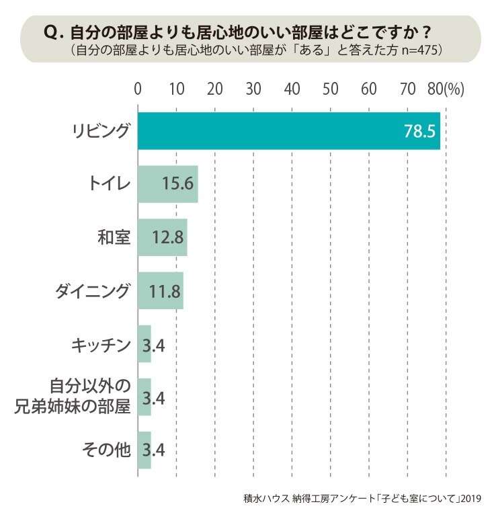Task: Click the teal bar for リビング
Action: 289,130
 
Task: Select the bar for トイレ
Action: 168,184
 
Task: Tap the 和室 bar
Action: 163,237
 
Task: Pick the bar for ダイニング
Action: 161,290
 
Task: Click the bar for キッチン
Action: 145,343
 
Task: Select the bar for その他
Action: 145,450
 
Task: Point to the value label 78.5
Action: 419,131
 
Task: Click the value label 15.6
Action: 177,184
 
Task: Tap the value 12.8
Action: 168,237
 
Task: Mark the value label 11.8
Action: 165,291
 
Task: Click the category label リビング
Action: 101,130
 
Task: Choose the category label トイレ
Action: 110,184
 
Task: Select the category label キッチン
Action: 101,345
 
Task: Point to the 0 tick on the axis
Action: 138,89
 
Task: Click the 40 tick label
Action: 292,89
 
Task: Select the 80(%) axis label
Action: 446,89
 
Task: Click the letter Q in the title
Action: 52,33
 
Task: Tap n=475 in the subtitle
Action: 419,50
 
